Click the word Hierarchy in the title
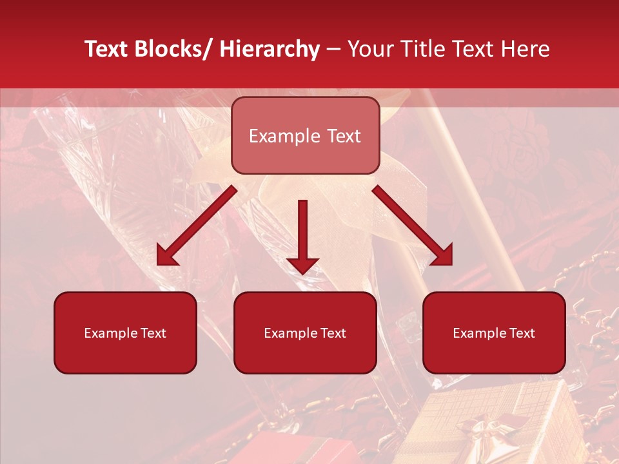point(269,49)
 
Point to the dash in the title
point(333,49)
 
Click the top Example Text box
point(305,135)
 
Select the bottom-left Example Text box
point(125,333)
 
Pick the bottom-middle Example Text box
point(305,333)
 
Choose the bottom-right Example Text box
point(494,333)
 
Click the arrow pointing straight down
point(302,232)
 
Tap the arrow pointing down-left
point(197,226)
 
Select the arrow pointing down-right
point(413,226)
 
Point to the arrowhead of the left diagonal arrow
point(166,256)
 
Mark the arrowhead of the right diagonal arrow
point(442,256)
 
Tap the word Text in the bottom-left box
point(153,333)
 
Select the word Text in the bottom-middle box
point(333,333)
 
